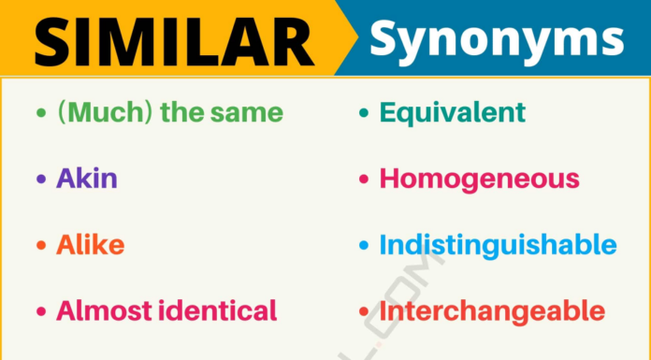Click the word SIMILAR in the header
click(174, 40)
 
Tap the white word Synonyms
click(496, 39)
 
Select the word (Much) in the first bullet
click(104, 114)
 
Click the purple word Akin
click(87, 180)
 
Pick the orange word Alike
click(90, 245)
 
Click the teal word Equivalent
click(453, 114)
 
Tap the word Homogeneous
click(479, 180)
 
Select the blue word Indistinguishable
click(498, 245)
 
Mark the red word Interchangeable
click(492, 310)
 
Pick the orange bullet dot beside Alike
click(40, 246)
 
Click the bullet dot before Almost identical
click(40, 311)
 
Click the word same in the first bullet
click(247, 114)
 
